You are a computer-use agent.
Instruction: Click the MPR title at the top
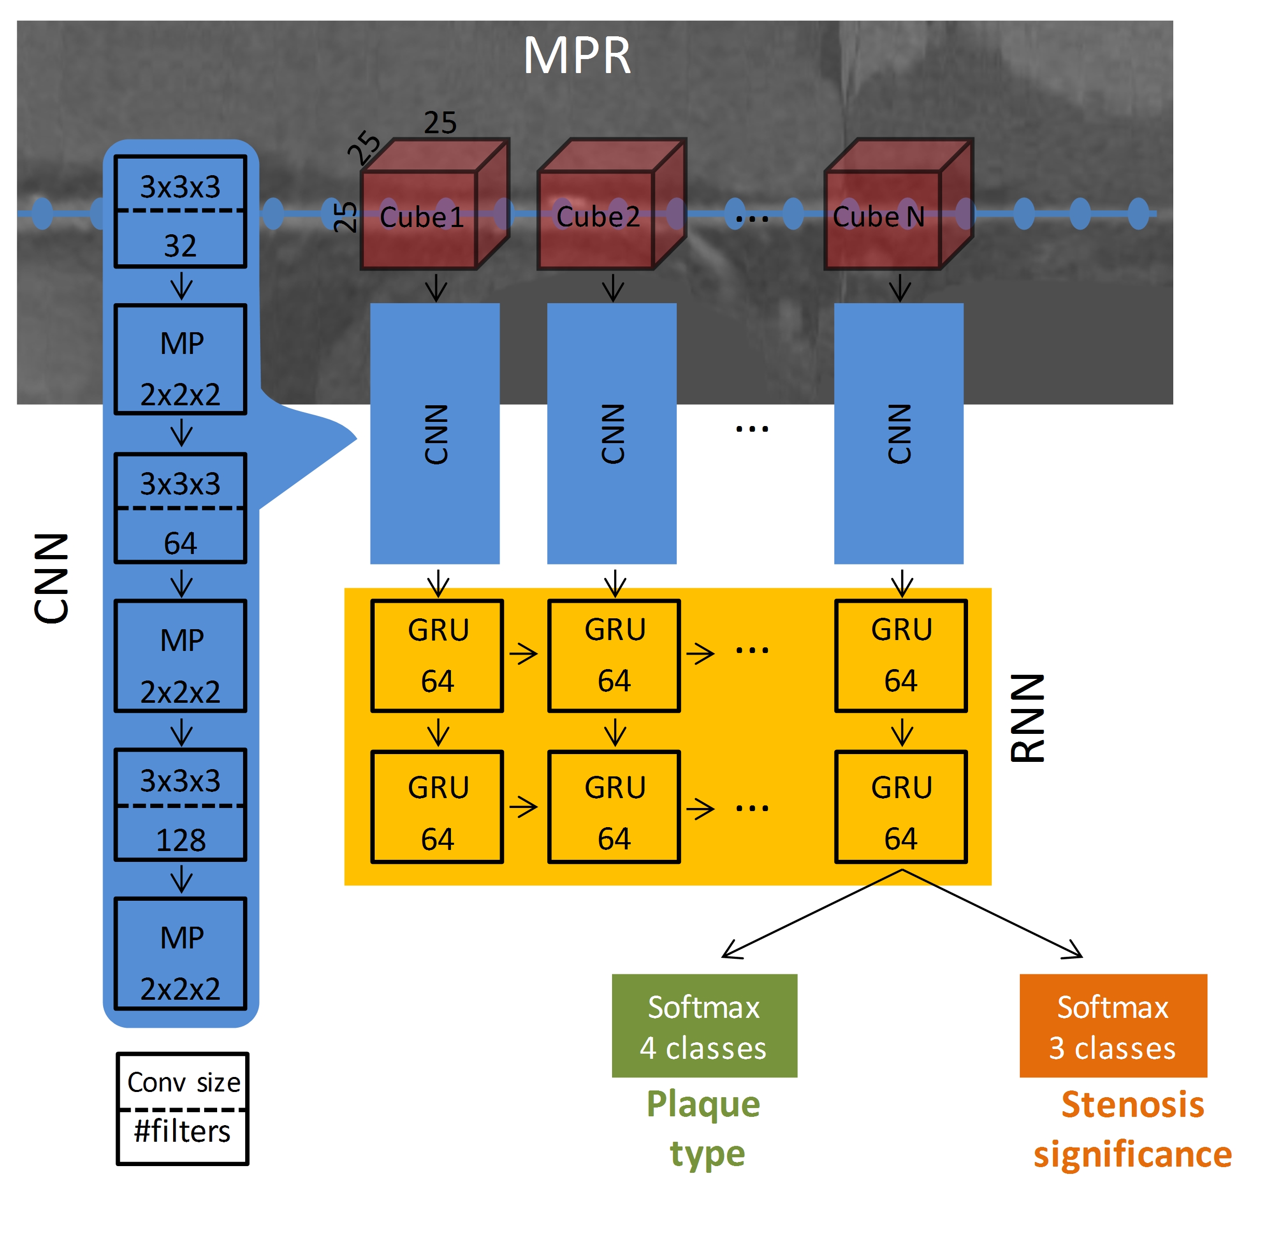pos(576,56)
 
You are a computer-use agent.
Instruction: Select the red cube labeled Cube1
pos(435,204)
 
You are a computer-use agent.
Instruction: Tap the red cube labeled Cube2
pos(612,204)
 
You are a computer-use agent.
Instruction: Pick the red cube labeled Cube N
pos(899,204)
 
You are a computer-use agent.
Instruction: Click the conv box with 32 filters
pos(180,211)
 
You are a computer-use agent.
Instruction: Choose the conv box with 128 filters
pos(180,805)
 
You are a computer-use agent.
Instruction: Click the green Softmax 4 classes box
pos(704,1027)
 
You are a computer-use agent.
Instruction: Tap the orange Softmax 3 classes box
pos(1113,1027)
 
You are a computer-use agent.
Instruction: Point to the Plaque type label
pos(704,1128)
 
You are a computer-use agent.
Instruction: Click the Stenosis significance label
pos(1132,1128)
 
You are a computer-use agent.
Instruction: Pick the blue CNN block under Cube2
pos(612,434)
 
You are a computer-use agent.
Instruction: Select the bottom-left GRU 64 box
pos(437,807)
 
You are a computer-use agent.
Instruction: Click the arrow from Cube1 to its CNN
pos(436,287)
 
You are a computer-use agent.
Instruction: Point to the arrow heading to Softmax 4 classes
pos(812,914)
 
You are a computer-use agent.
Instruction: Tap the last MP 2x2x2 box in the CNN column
pos(180,954)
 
